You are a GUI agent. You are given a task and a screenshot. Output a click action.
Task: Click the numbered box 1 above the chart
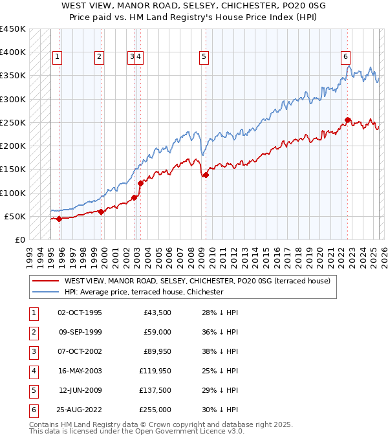[x=58, y=57]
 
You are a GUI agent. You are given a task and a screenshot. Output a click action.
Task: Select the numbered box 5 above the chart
[x=204, y=57]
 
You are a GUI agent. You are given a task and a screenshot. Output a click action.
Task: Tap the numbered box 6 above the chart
[x=346, y=57]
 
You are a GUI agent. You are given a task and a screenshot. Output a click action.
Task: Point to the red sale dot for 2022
[x=348, y=120]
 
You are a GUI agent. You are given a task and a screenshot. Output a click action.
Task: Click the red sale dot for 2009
[x=206, y=175]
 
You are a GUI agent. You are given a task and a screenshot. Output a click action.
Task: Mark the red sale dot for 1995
[x=59, y=219]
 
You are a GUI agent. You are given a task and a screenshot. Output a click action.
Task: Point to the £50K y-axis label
[x=14, y=216]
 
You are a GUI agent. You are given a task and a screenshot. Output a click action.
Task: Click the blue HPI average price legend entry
[x=144, y=292]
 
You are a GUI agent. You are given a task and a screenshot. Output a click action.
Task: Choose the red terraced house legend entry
[x=197, y=281]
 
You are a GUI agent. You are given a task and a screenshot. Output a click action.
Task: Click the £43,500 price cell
[x=159, y=313]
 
